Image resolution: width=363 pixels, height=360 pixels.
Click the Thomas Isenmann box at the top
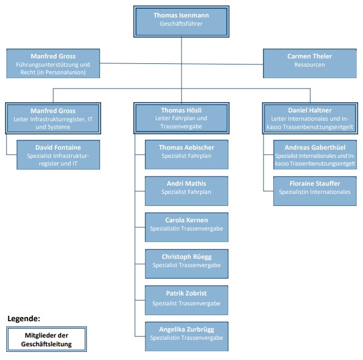181,21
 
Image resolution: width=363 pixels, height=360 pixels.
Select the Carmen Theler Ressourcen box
310,63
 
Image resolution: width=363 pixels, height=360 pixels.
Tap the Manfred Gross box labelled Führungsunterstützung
53,63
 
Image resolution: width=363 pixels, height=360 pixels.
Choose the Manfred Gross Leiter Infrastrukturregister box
53,118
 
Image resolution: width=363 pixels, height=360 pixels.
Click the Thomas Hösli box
181,118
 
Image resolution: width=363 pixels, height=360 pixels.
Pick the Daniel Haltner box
310,118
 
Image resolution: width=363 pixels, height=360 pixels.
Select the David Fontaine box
58,155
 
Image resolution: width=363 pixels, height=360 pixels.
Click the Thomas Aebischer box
186,155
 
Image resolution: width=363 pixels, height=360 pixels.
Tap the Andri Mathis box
186,191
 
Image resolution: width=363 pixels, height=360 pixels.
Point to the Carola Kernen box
186,227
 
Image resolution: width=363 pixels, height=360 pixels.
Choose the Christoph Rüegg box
186,264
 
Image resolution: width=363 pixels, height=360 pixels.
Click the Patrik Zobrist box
186,300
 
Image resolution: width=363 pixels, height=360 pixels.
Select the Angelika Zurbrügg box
186,337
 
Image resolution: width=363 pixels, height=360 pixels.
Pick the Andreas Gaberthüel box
315,155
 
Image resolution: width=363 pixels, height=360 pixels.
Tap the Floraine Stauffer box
315,191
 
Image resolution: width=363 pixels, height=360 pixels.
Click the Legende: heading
24,318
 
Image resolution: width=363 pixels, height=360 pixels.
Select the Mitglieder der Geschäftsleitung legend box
46,339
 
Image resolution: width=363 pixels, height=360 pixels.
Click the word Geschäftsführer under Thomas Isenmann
181,23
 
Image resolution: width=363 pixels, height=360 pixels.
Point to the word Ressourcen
309,64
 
